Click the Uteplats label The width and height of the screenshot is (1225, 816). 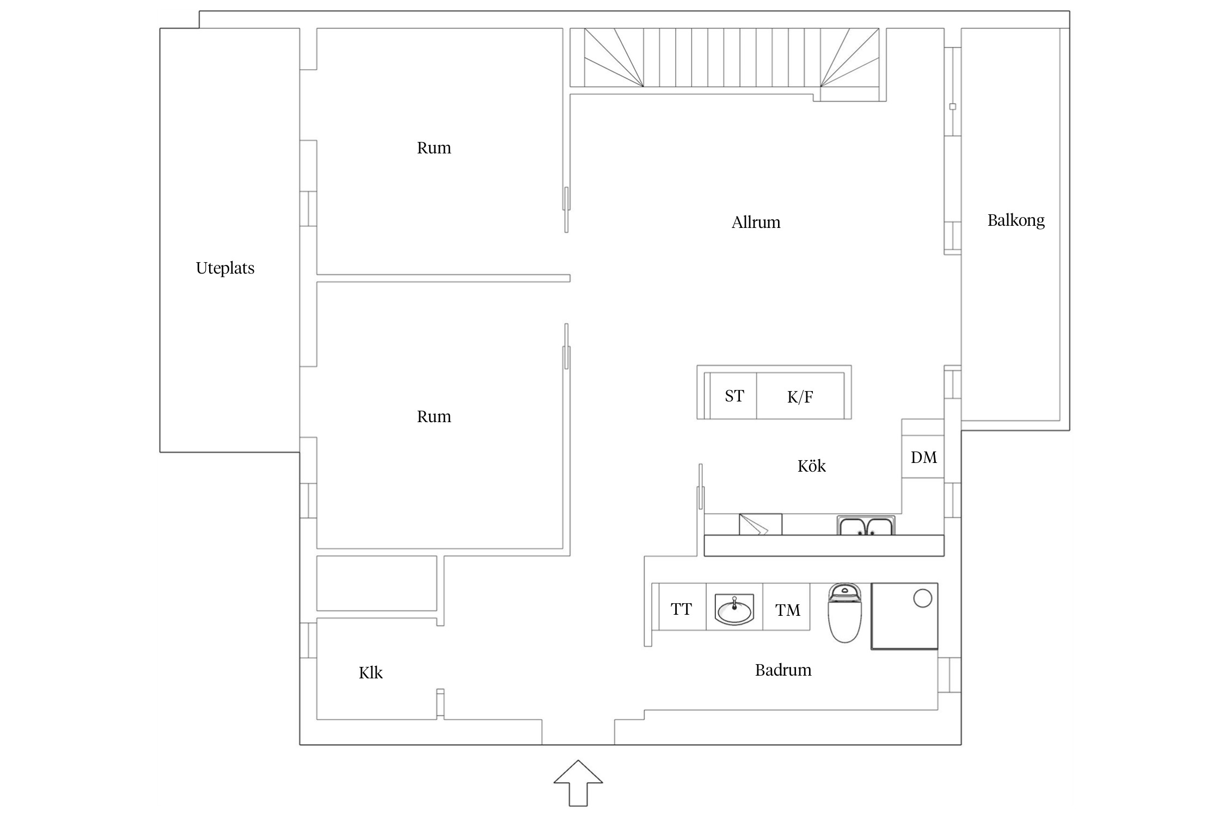click(225, 268)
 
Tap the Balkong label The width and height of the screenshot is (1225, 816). click(1016, 220)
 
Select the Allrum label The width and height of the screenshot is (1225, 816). click(756, 222)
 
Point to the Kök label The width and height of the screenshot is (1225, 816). click(811, 466)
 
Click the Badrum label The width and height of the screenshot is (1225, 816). click(783, 670)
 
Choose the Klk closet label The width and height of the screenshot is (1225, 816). click(370, 673)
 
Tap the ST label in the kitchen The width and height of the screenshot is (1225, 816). click(734, 396)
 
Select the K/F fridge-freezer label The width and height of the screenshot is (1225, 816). click(800, 397)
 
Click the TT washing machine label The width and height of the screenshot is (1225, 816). click(681, 609)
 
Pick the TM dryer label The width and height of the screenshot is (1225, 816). click(788, 610)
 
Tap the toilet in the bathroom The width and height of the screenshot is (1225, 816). click(844, 613)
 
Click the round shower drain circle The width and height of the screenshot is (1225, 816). click(922, 598)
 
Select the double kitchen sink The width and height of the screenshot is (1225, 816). click(866, 526)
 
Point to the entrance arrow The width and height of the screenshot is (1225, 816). click(578, 783)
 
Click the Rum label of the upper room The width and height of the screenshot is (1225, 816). click(434, 148)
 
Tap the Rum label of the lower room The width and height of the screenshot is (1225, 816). click(434, 417)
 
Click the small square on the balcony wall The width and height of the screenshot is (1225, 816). click(952, 107)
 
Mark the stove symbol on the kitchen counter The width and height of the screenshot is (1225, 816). click(760, 524)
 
